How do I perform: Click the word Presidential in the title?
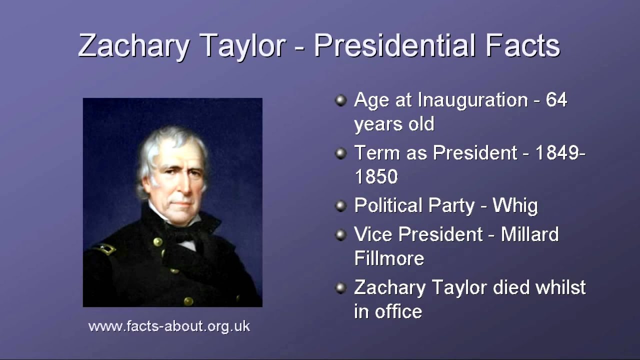point(394,46)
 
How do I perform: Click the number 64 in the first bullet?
point(556,100)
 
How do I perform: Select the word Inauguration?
point(472,100)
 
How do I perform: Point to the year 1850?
point(376,176)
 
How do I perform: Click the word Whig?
point(515,206)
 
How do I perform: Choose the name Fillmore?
point(389,258)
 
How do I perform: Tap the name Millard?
point(529,234)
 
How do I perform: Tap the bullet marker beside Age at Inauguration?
point(341,100)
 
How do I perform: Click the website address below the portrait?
point(169,326)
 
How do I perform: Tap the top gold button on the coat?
point(158,242)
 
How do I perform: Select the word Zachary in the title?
point(133,46)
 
